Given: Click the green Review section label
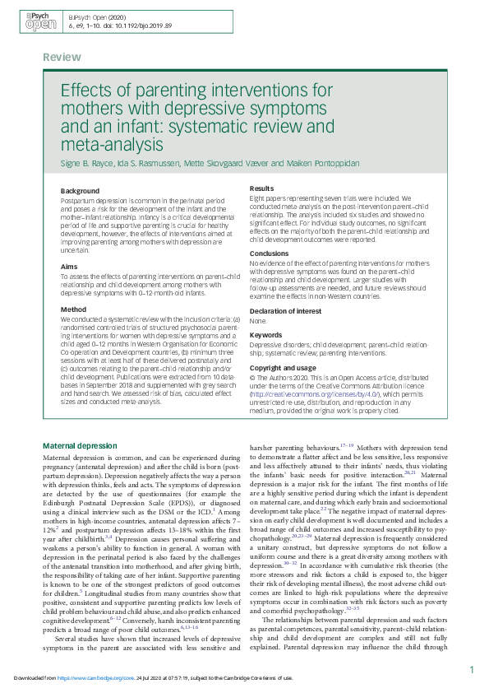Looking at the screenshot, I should click(62, 58).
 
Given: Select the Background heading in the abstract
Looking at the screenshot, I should click(81, 191).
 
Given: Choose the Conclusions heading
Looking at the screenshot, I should click(269, 253).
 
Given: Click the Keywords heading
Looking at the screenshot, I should click(266, 335).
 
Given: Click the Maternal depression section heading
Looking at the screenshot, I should click(80, 445).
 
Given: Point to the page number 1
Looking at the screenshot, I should click(472, 671).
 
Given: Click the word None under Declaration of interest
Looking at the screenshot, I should click(258, 322).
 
